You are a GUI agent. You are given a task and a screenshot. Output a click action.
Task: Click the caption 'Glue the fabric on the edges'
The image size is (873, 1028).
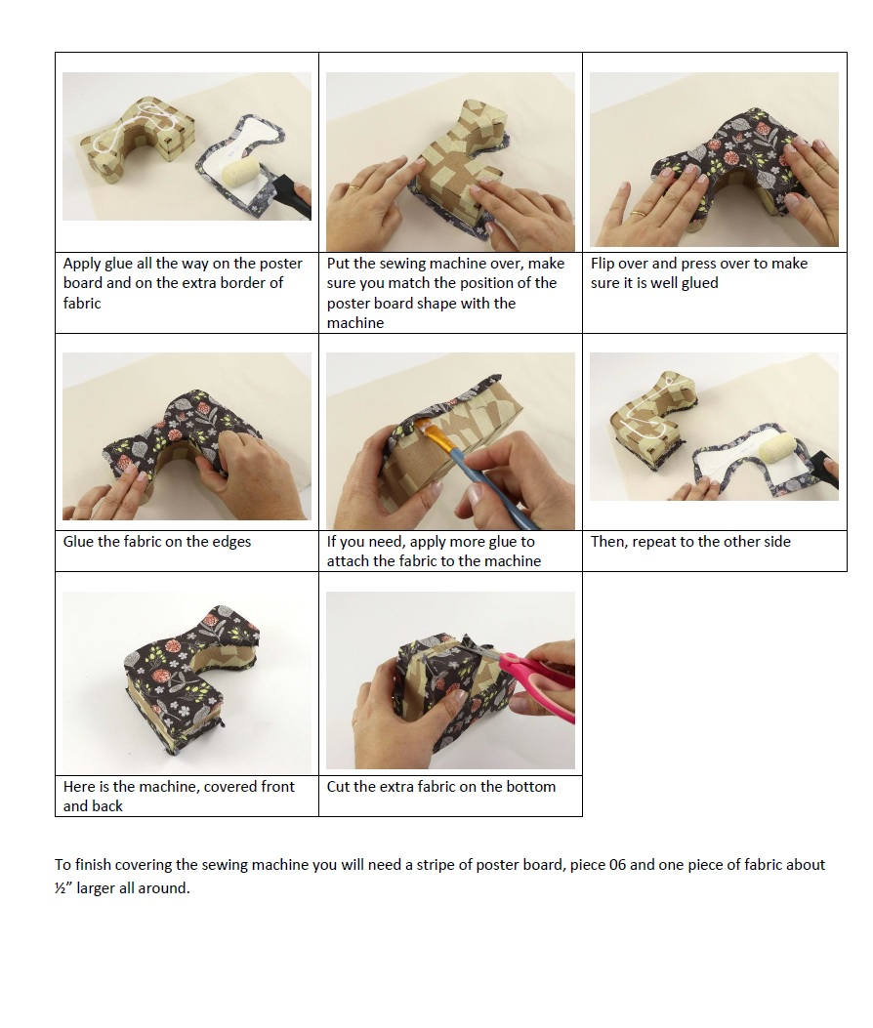click(x=157, y=541)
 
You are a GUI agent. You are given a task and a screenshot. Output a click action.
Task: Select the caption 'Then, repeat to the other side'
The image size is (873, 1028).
click(x=690, y=541)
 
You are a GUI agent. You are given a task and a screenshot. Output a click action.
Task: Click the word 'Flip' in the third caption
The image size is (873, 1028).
click(x=604, y=264)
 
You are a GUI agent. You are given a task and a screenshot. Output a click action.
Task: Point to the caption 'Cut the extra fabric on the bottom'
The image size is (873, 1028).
click(x=441, y=786)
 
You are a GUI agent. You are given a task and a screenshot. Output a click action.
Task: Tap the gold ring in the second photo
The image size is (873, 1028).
click(x=357, y=185)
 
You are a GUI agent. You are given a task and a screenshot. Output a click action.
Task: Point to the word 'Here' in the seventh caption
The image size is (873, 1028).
click(x=79, y=786)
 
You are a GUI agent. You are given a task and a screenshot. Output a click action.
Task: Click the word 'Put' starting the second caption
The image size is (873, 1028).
click(x=339, y=264)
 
